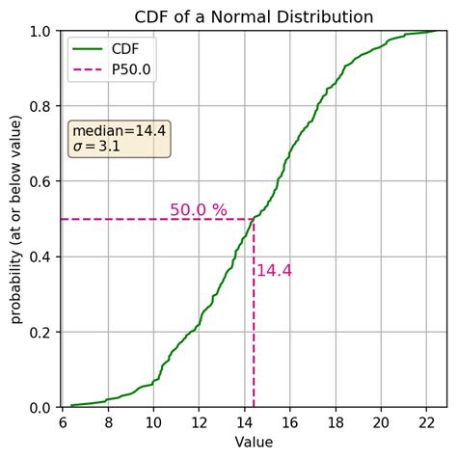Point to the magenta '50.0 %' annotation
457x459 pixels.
199,210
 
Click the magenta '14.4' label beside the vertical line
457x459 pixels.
274,271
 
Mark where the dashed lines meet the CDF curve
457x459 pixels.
254,219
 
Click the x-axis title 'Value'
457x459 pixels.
254,442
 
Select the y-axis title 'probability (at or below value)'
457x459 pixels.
16,219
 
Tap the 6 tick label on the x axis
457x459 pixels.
63,421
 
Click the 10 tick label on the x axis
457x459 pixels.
153,421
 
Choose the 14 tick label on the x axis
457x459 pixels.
245,421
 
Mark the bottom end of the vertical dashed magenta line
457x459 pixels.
254,406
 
